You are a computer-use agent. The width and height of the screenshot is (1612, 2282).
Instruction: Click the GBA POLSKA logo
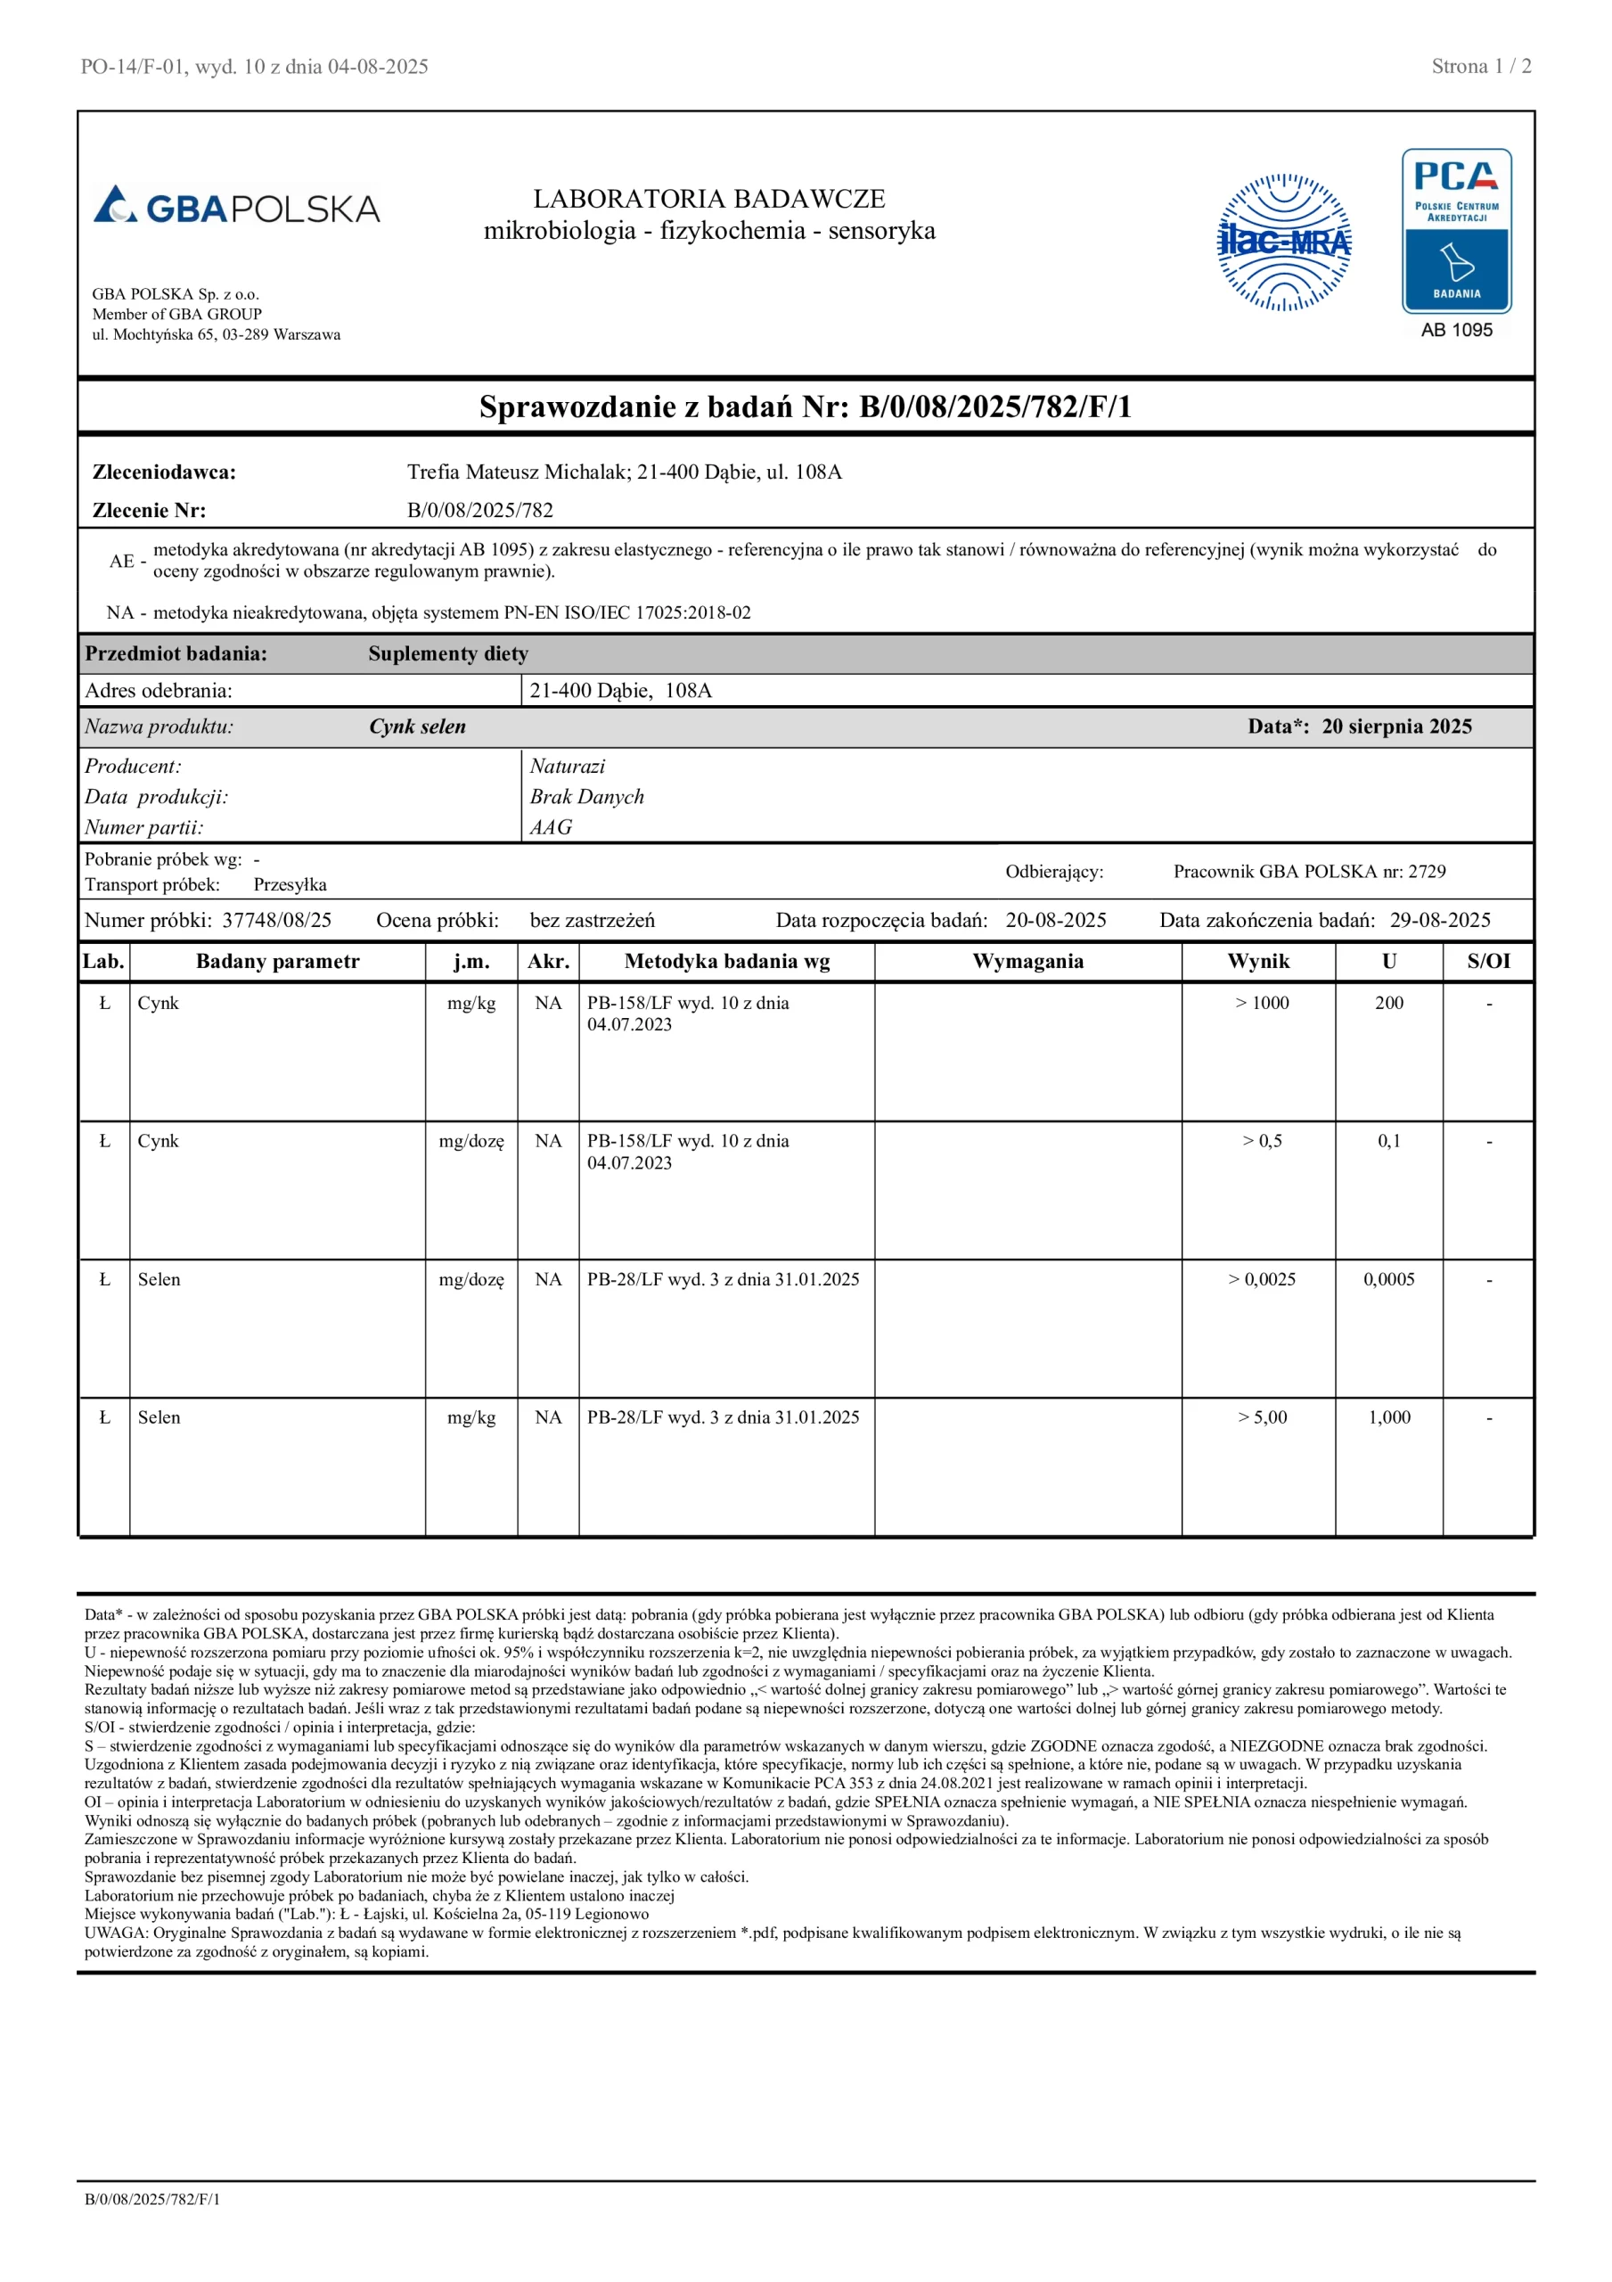tap(236, 206)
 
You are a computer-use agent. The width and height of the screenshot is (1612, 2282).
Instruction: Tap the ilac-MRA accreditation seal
tap(1284, 242)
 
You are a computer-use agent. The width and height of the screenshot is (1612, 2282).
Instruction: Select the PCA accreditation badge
tap(1456, 231)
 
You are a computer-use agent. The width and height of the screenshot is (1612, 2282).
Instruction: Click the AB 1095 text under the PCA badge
tap(1456, 330)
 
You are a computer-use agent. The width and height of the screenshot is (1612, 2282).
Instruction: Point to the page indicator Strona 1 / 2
tap(1481, 67)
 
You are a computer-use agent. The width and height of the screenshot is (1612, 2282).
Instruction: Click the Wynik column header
tap(1258, 961)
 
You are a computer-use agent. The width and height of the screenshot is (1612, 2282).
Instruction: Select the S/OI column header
tap(1488, 961)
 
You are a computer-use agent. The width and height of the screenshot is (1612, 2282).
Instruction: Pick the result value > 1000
tap(1262, 1003)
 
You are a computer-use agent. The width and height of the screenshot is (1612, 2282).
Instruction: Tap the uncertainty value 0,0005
tap(1388, 1279)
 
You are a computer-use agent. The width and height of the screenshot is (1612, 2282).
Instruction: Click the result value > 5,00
tap(1262, 1417)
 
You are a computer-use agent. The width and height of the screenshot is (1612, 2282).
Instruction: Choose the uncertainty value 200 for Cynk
tap(1388, 1003)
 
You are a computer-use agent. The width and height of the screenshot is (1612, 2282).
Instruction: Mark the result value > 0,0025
tap(1262, 1279)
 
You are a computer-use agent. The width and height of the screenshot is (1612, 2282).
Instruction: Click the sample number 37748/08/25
tap(276, 920)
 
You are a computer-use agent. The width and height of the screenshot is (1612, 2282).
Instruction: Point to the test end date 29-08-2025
tap(1440, 920)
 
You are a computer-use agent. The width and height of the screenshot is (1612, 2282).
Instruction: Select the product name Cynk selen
tap(417, 726)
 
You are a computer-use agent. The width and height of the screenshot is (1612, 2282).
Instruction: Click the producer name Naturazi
tap(568, 767)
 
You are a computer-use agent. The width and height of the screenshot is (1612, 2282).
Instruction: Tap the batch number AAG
tap(551, 827)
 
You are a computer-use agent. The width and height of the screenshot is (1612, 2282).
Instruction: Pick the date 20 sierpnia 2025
tap(1396, 726)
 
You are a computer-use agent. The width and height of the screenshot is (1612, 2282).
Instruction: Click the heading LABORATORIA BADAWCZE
tap(708, 199)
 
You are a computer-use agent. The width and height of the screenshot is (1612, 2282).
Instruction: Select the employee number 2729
tap(1428, 872)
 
